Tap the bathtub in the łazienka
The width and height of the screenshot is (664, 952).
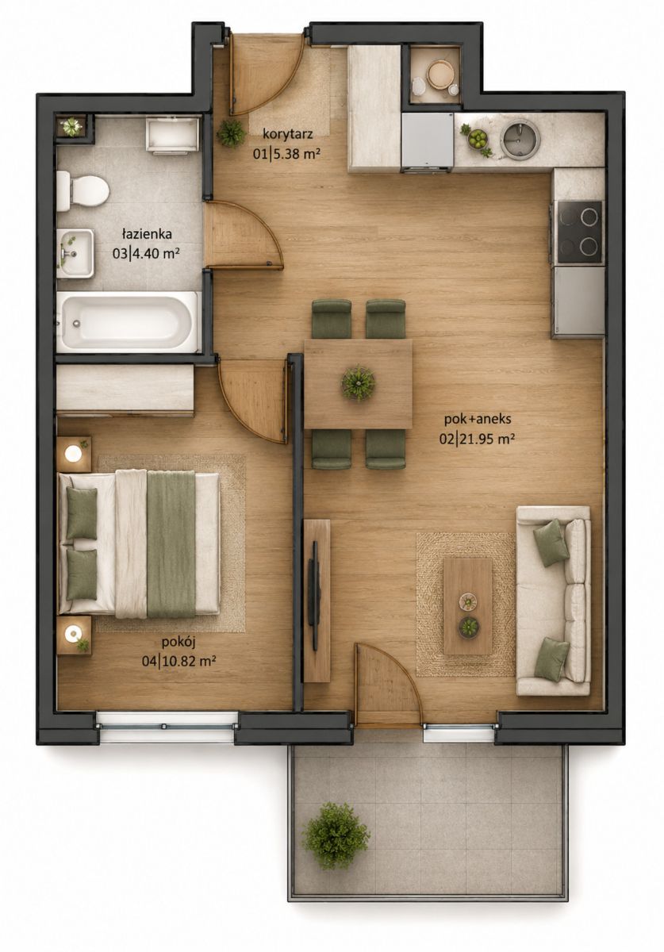point(128,322)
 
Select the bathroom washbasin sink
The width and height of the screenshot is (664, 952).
point(75,253)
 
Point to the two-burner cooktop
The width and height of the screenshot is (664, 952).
point(580,232)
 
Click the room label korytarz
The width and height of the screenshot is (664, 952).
point(288,134)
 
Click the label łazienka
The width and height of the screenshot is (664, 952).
point(147,234)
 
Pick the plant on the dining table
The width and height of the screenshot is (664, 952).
point(359,382)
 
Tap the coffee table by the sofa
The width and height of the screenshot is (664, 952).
point(467,606)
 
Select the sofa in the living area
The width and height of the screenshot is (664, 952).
point(554,601)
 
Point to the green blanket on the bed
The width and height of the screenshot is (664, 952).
point(171,544)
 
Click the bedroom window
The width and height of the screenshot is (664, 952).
point(167,727)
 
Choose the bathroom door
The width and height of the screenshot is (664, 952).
point(244,236)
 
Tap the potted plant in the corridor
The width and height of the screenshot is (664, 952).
point(231,133)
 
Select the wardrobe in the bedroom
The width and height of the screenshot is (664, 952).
point(125,389)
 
